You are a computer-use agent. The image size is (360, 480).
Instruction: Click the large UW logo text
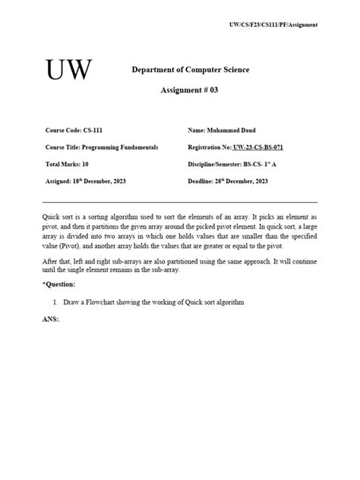(x=69, y=70)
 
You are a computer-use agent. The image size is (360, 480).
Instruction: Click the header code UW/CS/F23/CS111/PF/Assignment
(x=273, y=25)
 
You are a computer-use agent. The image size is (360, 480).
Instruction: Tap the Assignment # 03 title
(x=189, y=90)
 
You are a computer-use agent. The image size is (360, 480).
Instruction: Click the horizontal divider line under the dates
(x=180, y=202)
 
